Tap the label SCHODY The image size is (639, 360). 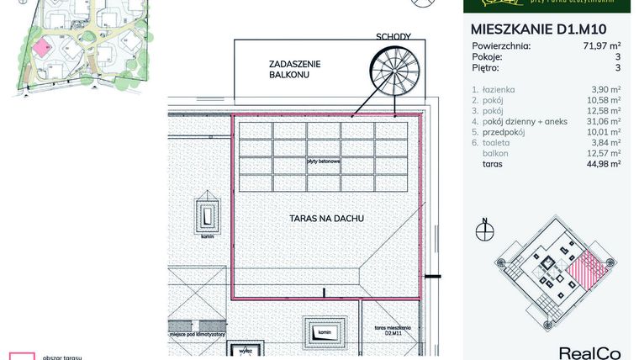click(393, 37)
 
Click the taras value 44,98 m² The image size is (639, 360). click(602, 164)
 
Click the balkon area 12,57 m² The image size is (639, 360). click(602, 153)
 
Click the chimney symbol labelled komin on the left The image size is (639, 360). click(207, 215)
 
